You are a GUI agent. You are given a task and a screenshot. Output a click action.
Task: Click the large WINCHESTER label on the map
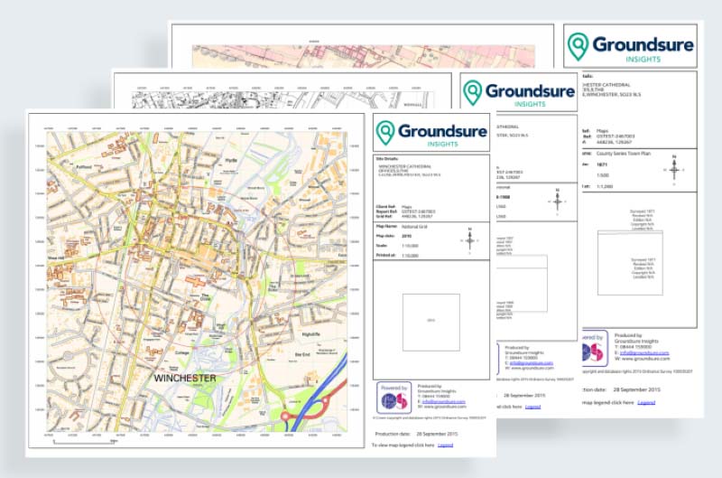tap(184, 378)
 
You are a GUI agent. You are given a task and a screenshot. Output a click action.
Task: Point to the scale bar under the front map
tap(86, 442)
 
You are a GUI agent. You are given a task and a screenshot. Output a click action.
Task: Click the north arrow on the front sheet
tap(469, 239)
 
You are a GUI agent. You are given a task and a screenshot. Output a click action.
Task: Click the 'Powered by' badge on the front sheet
tap(393, 398)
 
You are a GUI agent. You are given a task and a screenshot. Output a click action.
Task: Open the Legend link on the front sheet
tap(445, 445)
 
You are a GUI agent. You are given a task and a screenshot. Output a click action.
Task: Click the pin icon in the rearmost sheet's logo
tap(578, 45)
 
